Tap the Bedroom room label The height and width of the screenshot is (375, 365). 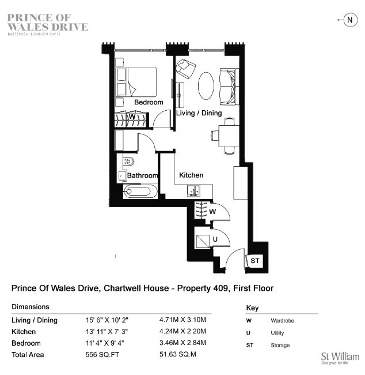149,102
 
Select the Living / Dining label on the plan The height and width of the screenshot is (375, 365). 199,113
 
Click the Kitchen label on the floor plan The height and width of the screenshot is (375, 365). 191,175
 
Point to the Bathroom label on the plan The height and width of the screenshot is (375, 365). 143,175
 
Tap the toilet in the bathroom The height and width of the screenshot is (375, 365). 128,162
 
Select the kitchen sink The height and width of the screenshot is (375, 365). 193,190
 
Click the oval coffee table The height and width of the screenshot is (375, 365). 206,85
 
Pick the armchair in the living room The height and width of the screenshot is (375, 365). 185,69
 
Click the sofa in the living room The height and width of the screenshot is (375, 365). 229,87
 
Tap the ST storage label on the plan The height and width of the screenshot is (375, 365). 254,261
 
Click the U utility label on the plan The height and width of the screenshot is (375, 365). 215,239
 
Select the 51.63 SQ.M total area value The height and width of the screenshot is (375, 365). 178,354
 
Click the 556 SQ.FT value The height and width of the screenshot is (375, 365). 102,354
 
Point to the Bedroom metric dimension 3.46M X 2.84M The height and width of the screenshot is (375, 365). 182,343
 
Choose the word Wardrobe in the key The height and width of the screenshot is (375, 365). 282,320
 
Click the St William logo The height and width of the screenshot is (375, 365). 340,358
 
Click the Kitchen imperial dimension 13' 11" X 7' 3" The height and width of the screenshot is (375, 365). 107,332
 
